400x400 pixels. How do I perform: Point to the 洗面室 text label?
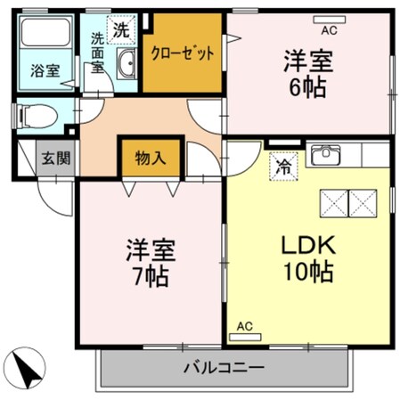97,56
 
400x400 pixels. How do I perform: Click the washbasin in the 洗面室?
127,65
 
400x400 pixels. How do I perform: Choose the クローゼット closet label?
183,53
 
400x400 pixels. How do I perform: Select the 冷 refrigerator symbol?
282,165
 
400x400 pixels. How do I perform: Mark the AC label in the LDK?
244,327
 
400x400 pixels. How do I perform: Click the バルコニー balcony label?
224,367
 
